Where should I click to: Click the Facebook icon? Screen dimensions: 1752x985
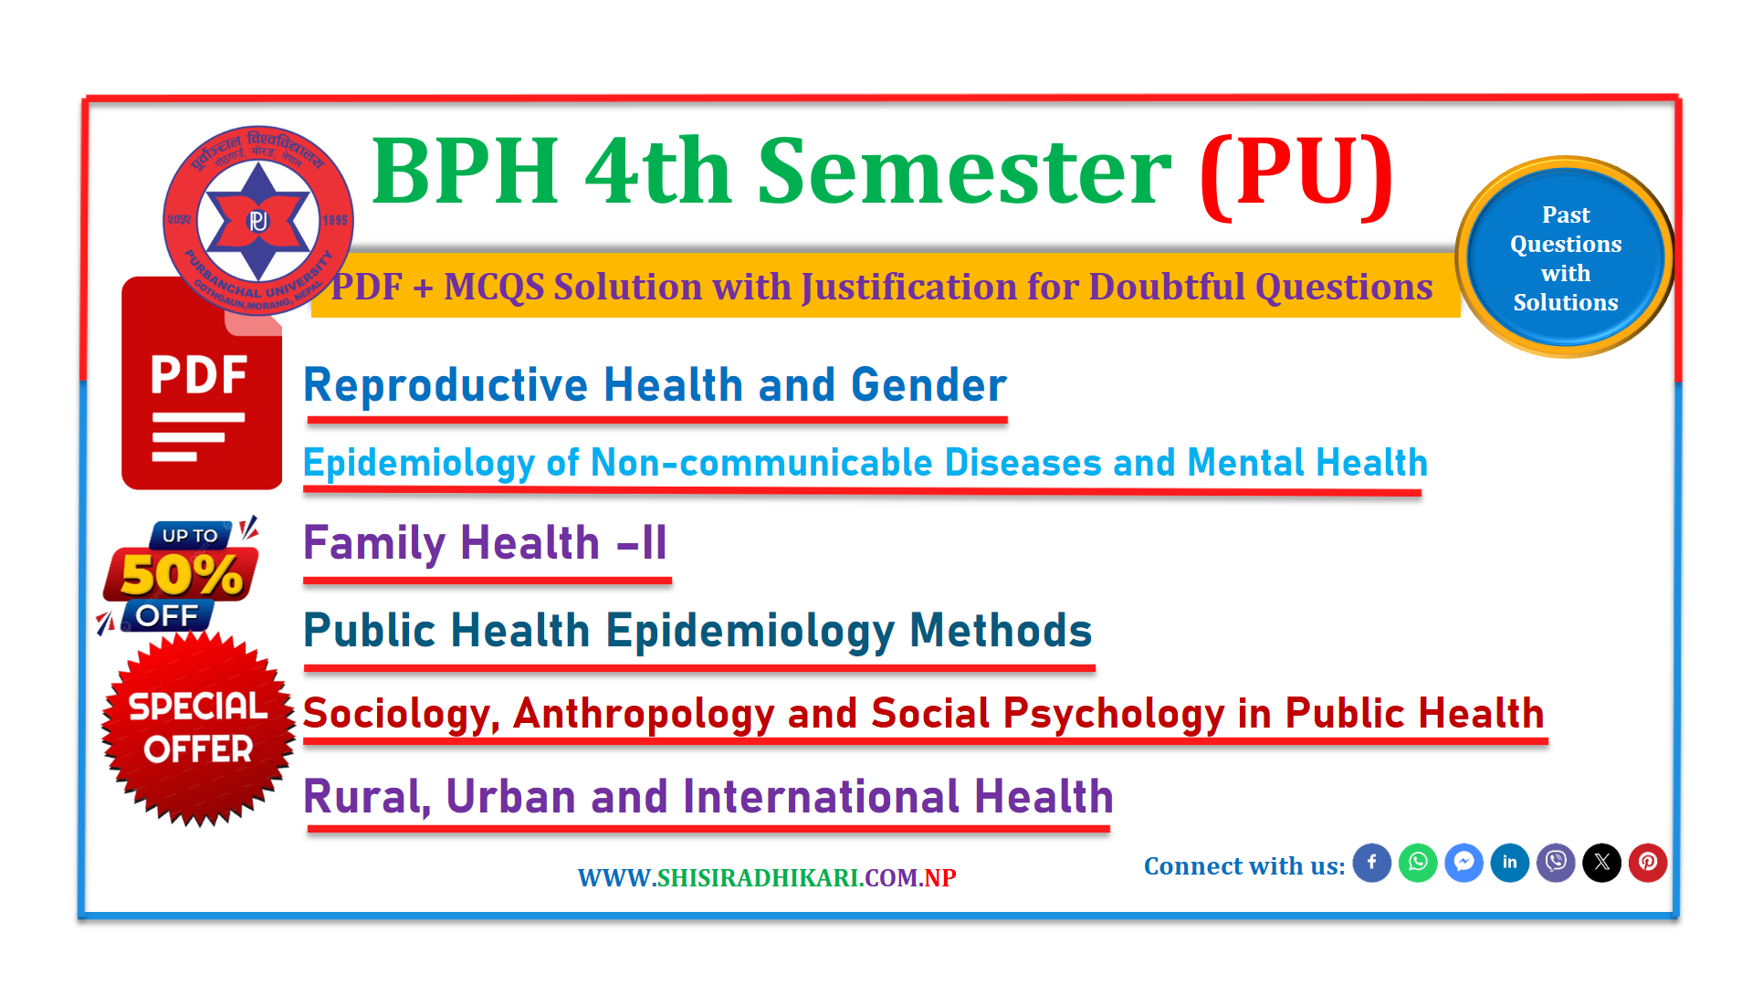click(1371, 863)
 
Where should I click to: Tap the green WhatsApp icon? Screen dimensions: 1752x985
click(1418, 863)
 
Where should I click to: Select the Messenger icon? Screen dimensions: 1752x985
click(1463, 863)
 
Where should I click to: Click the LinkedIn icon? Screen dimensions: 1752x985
click(1510, 863)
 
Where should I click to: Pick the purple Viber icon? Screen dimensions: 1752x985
click(1556, 863)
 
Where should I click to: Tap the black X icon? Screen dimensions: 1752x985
click(1602, 863)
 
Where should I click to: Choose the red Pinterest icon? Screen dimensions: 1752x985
click(1648, 863)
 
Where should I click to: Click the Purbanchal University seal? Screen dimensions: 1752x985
click(258, 221)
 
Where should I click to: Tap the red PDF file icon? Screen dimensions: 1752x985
click(202, 383)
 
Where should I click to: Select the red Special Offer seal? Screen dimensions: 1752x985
click(198, 728)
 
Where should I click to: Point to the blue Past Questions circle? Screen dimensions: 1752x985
click(1566, 257)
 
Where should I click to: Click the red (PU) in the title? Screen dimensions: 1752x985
click(1296, 173)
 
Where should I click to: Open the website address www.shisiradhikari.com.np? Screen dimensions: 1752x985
click(767, 877)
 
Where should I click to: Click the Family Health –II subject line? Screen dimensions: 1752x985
click(485, 543)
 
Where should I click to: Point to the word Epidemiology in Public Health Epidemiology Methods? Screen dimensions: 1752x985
click(750, 631)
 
